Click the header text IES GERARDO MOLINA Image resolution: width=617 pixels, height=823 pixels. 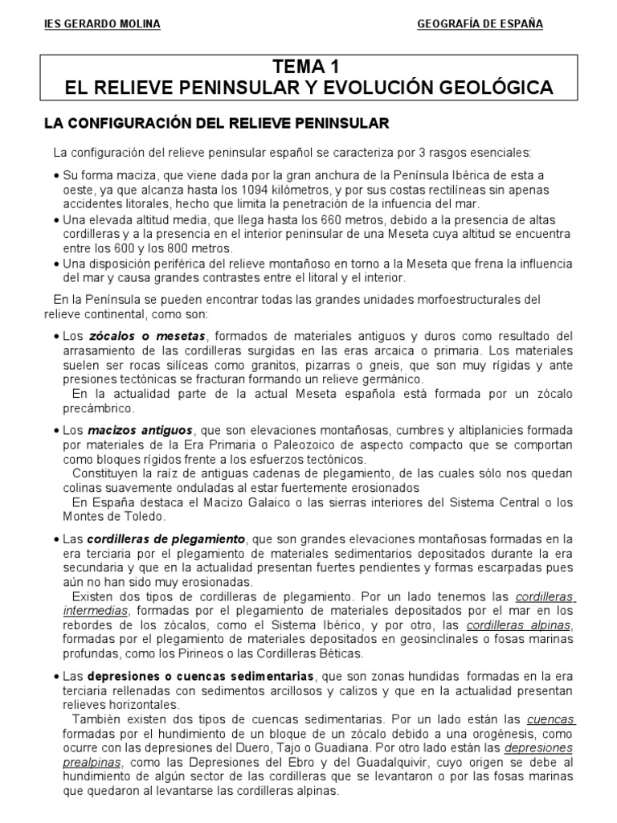[x=102, y=24]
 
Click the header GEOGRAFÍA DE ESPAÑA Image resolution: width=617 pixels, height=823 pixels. [x=480, y=24]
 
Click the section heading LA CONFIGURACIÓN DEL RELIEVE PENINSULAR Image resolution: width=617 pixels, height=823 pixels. [x=215, y=123]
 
